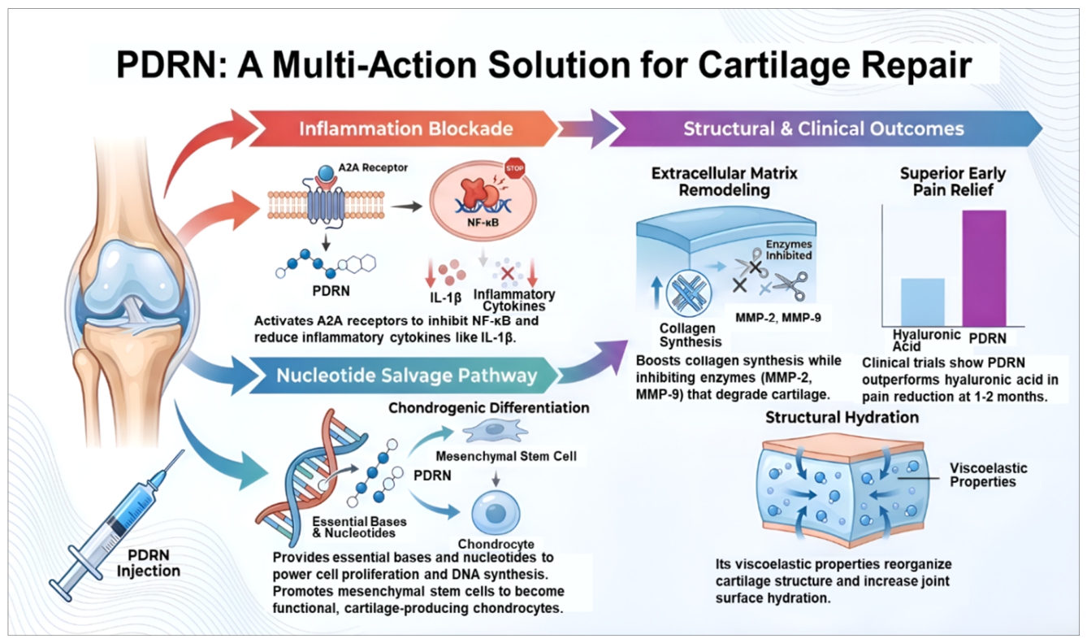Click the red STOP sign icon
tap(515, 168)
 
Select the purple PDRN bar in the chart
tap(984, 268)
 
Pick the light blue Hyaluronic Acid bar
tap(923, 302)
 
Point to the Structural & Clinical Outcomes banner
tap(825, 128)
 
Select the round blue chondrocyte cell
tap(496, 513)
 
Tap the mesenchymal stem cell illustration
tap(495, 431)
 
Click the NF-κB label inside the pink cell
tap(483, 223)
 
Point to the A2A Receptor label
tap(373, 167)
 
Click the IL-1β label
tap(445, 298)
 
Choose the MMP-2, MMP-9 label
tap(778, 318)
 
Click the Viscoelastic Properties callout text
tap(989, 475)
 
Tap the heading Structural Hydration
tap(842, 417)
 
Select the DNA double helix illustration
tap(310, 478)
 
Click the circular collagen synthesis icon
tap(689, 293)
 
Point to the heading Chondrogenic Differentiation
tap(489, 408)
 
